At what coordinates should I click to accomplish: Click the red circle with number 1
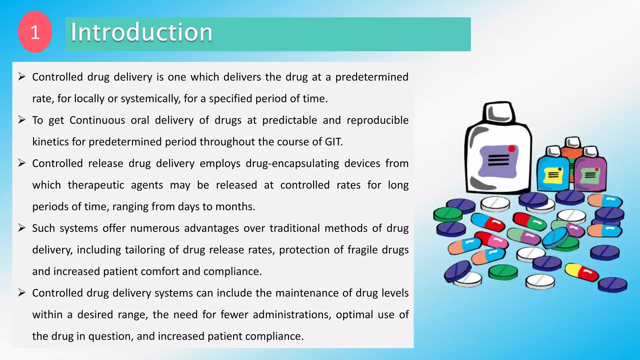tap(35, 32)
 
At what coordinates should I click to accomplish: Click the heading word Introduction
tap(141, 32)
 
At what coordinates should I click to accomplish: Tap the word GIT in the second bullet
tap(333, 142)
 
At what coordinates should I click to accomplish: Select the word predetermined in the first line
tap(372, 77)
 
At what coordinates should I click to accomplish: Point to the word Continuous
tap(97, 120)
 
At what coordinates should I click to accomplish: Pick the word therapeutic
tap(96, 185)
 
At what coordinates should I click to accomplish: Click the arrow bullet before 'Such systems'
tap(22, 228)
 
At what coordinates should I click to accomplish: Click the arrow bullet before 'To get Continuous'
tap(22, 120)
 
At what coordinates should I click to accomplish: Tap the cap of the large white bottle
tap(499, 112)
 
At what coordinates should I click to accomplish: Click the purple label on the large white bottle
tap(498, 161)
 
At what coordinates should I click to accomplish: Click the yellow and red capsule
tap(582, 272)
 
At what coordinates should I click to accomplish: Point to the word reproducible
tap(377, 120)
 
